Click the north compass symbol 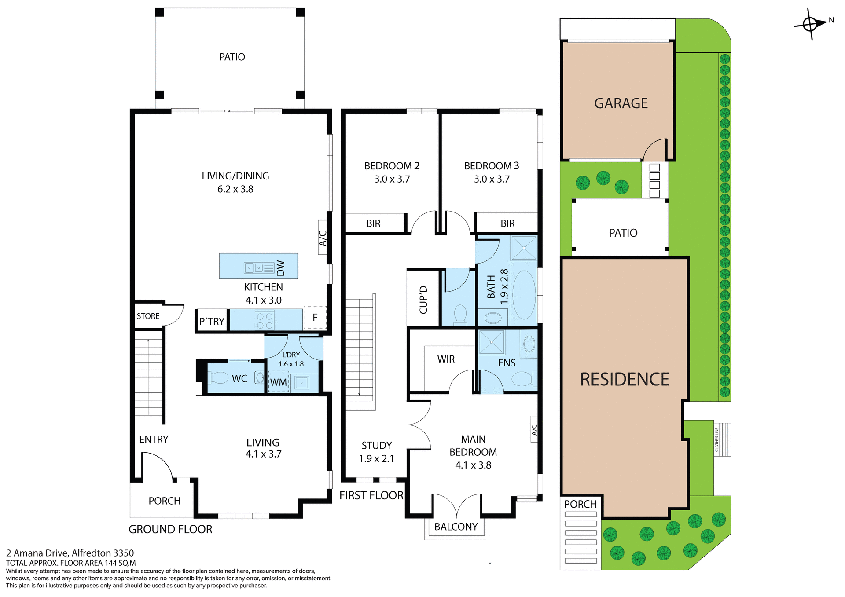tap(810, 24)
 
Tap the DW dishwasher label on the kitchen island tap(281, 267)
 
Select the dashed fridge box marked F tap(315, 317)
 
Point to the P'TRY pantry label tap(212, 322)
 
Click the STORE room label tap(148, 316)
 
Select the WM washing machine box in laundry tap(279, 382)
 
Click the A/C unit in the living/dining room tap(323, 238)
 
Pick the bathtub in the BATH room tap(524, 295)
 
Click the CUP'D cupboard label tap(423, 300)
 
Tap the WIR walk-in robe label tap(446, 359)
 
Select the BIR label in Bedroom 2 tap(373, 223)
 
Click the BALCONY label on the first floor tap(456, 527)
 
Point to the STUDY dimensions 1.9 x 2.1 tap(376, 458)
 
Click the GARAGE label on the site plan tap(621, 103)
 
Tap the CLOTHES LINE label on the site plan tap(716, 440)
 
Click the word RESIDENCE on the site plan tap(624, 379)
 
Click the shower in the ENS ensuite tap(491, 342)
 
